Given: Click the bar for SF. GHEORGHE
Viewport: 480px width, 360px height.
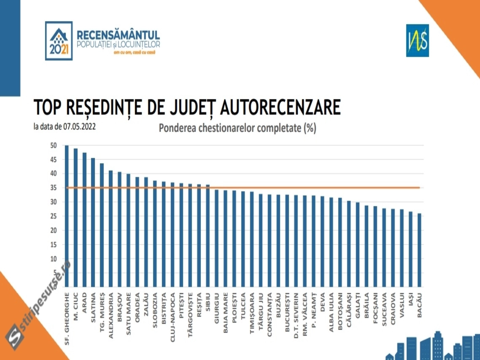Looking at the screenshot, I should [67, 216].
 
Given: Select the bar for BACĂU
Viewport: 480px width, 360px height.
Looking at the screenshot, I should [419, 250].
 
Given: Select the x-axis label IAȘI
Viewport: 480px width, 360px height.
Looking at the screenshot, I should [411, 300].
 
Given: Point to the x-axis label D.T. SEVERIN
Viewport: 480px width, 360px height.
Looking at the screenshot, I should [296, 316].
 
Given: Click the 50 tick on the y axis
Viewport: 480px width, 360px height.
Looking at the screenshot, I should [53, 145].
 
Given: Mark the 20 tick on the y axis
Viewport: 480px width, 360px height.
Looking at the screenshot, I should [53, 230].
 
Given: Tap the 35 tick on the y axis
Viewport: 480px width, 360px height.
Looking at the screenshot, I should [53, 188].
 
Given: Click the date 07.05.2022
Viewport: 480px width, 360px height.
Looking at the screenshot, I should [79, 127].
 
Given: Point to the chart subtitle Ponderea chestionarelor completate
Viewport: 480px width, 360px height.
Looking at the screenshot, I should [237, 128].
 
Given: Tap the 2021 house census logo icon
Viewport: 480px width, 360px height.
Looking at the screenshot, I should [59, 41].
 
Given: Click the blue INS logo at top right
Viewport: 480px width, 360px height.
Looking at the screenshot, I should [417, 40].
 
